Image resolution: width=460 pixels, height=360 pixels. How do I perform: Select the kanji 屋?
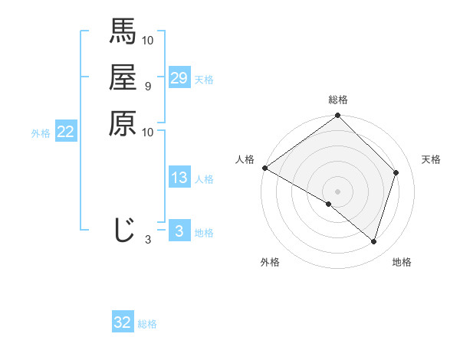click(x=123, y=77)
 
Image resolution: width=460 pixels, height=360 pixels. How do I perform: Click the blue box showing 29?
click(x=179, y=78)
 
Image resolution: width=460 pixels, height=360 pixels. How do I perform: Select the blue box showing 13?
click(x=179, y=178)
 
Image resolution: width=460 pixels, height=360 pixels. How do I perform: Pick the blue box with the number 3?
click(x=179, y=231)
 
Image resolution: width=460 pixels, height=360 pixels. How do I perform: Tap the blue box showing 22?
click(x=66, y=132)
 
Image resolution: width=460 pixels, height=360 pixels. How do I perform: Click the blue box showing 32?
click(x=123, y=322)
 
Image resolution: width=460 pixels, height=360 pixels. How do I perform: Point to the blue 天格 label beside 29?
click(x=204, y=80)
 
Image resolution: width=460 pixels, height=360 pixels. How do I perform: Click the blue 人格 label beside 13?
click(x=204, y=179)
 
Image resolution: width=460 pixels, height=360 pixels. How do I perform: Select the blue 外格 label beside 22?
click(x=41, y=133)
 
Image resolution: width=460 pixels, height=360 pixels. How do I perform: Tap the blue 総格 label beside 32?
click(x=147, y=324)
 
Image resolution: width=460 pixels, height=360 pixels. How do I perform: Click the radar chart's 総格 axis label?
click(x=338, y=100)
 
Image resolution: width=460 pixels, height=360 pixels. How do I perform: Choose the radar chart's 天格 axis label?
click(x=431, y=159)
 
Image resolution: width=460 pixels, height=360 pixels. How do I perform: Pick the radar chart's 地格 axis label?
click(x=402, y=263)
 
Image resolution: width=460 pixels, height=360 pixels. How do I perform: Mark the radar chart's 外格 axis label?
click(x=270, y=263)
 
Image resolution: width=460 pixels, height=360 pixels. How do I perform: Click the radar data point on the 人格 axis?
click(x=264, y=168)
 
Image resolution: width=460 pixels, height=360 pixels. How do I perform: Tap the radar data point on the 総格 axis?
click(x=338, y=116)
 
